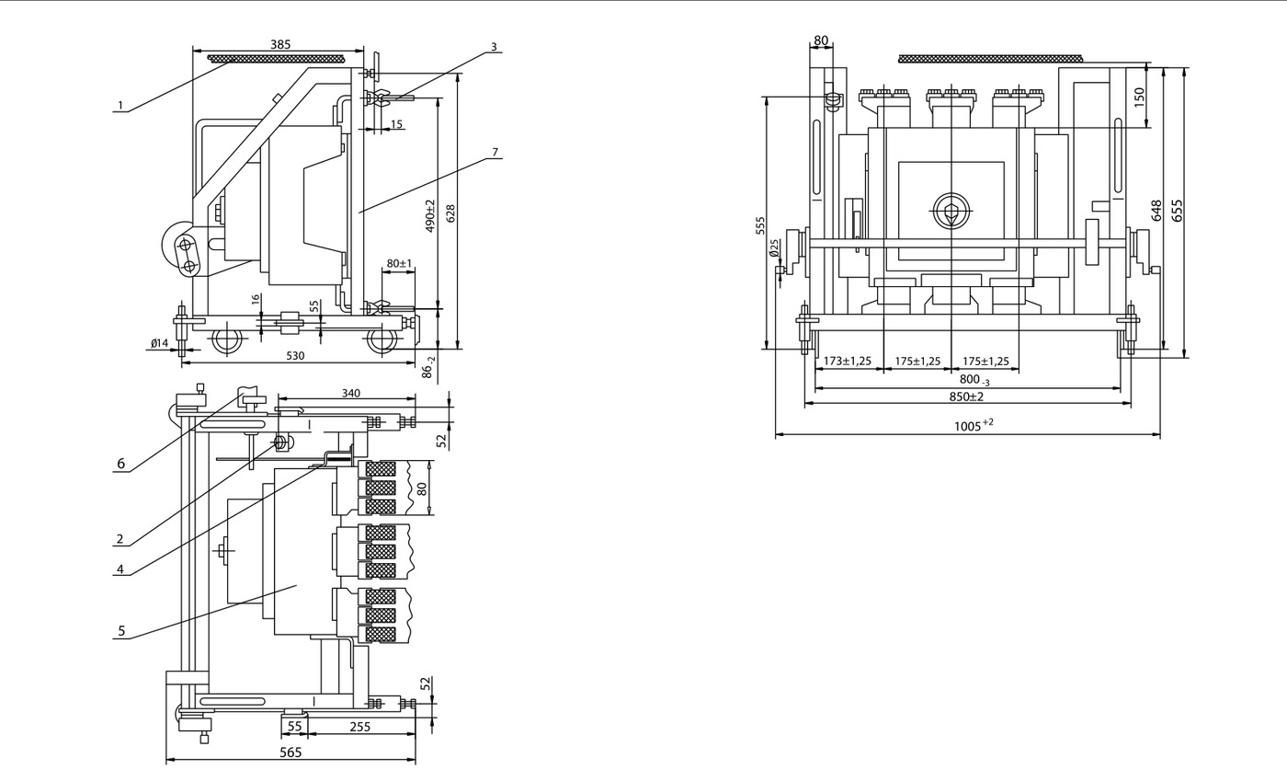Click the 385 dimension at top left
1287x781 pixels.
(x=280, y=44)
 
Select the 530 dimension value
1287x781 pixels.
(x=295, y=356)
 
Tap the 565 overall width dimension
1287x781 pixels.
(x=290, y=752)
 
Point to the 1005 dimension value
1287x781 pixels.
(x=974, y=426)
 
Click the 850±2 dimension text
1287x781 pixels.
(x=966, y=396)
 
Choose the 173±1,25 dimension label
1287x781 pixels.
(x=848, y=362)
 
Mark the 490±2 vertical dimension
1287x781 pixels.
(x=430, y=215)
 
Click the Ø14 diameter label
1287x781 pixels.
(x=160, y=343)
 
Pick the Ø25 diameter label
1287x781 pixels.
(x=774, y=247)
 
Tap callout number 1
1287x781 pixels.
(x=120, y=105)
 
